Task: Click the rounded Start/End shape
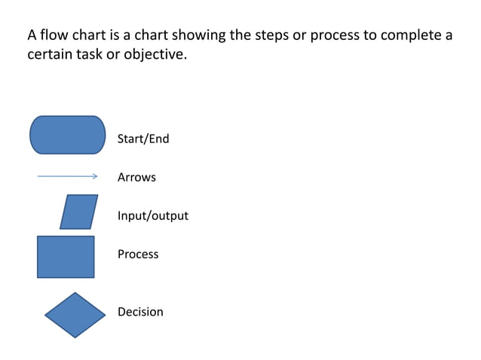(67, 135)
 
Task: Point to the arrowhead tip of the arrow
(97, 177)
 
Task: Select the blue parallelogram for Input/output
(79, 212)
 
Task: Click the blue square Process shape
(66, 257)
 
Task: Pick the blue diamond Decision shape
(75, 315)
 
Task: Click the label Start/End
(143, 139)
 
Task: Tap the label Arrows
(136, 178)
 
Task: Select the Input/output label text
(152, 216)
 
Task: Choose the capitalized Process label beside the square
(138, 255)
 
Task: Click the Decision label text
(140, 312)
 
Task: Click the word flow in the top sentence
(54, 35)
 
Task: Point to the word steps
(268, 35)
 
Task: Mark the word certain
(51, 55)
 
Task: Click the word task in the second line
(93, 55)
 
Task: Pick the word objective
(155, 55)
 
